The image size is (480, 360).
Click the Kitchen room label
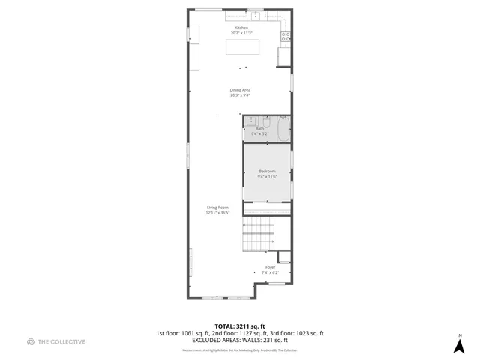[241, 28]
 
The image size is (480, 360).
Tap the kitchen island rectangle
[243, 47]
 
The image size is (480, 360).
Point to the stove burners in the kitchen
[285, 35]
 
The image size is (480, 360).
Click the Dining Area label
[240, 90]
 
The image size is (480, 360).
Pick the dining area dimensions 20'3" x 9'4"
[240, 95]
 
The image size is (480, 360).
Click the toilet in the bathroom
[265, 121]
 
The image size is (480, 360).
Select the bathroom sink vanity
[250, 121]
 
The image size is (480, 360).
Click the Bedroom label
[268, 171]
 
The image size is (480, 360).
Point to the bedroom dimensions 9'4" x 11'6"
[268, 176]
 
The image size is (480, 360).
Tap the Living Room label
[218, 207]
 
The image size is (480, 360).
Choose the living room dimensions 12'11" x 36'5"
[218, 212]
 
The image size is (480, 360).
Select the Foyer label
[270, 267]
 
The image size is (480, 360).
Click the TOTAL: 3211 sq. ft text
[239, 326]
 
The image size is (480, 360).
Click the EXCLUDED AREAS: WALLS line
[239, 339]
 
